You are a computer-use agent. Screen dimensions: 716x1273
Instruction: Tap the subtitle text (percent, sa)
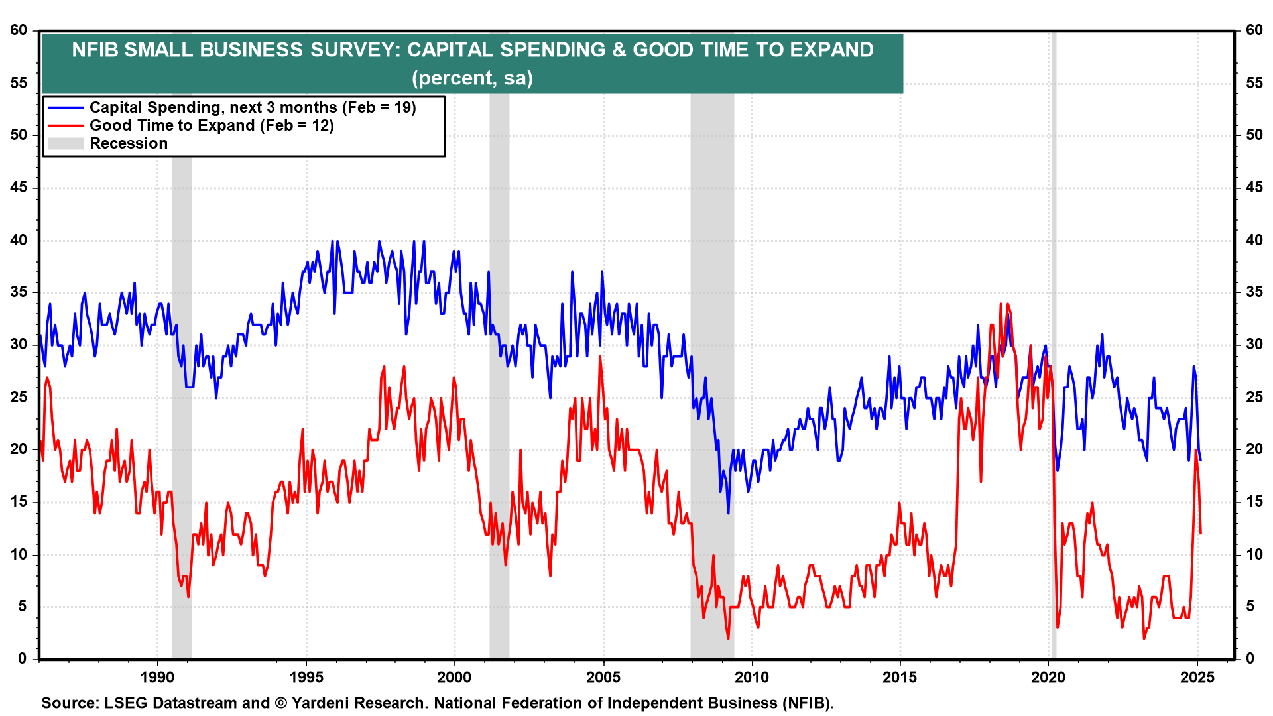472,78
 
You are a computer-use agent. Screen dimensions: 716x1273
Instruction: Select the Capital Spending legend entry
252,107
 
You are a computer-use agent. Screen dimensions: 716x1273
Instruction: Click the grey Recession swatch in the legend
66,143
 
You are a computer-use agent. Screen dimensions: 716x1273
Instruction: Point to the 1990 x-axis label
157,677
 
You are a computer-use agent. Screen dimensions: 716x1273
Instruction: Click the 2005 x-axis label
603,677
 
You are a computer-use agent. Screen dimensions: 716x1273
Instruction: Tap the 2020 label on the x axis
1049,677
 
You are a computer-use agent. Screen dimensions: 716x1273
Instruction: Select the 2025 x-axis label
1197,677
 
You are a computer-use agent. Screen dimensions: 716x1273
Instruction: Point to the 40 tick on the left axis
19,240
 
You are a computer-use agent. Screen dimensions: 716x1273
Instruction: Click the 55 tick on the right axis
1254,83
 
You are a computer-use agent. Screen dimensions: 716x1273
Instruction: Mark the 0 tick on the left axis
23,658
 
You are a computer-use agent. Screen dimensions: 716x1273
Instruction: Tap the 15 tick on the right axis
1254,501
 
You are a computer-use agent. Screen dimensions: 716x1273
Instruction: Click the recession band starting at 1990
182,398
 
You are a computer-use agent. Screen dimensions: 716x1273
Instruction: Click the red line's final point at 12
1201,532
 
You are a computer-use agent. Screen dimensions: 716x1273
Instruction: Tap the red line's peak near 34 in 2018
1001,304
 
